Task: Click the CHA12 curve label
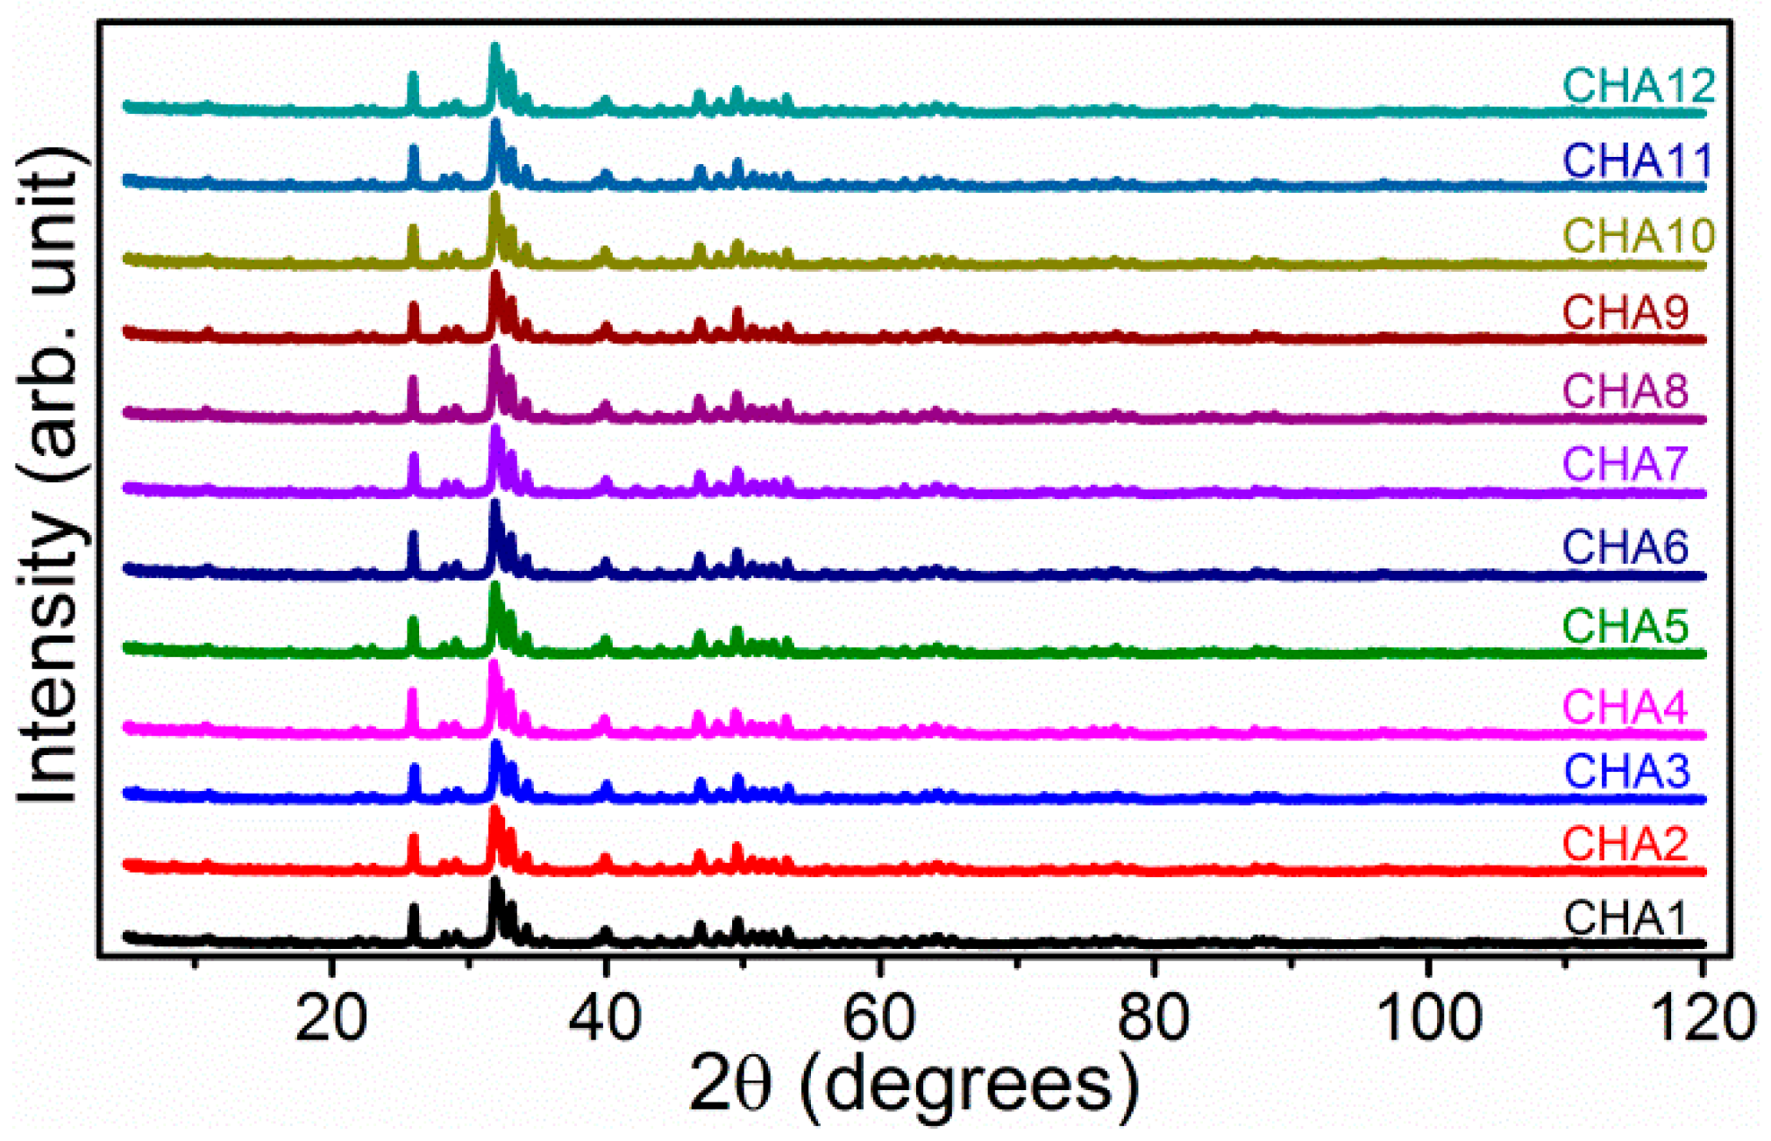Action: (x=1638, y=86)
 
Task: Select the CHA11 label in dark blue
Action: (x=1637, y=160)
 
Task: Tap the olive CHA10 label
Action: (x=1639, y=235)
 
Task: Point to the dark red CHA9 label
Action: (x=1625, y=312)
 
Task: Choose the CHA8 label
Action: (x=1625, y=390)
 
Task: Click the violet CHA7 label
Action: (x=1625, y=464)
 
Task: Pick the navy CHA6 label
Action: (x=1625, y=547)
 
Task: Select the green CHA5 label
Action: (x=1625, y=626)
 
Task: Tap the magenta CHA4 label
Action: (x=1625, y=707)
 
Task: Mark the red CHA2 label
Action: (x=1625, y=844)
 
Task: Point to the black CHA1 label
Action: (x=1625, y=918)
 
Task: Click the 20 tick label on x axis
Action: (x=331, y=1019)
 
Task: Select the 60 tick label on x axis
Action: (x=879, y=1019)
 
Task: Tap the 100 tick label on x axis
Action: (x=1428, y=1019)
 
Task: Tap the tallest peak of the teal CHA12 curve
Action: (x=495, y=48)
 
